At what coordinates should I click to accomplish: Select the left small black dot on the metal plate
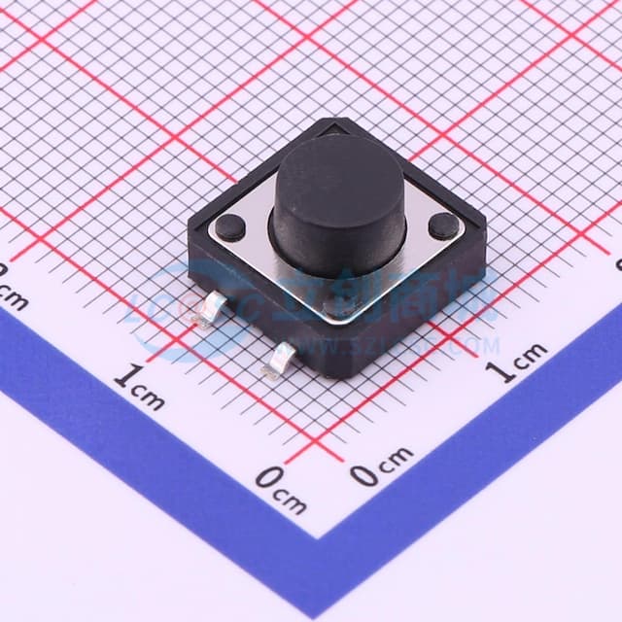pos(230,227)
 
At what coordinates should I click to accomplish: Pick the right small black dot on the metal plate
pos(443,226)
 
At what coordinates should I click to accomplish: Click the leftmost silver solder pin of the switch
pos(209,310)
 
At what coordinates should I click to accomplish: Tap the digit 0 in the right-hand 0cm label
pos(363,474)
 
